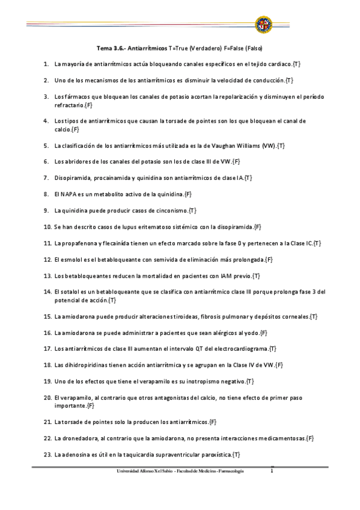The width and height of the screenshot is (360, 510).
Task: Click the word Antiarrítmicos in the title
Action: [x=144, y=48]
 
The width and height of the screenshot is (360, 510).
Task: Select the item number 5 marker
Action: [x=46, y=145]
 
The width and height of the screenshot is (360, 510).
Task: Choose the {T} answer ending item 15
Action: [x=314, y=316]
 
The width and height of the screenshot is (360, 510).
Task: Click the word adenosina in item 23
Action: [x=75, y=454]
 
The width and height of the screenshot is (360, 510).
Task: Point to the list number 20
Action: [x=47, y=398]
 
